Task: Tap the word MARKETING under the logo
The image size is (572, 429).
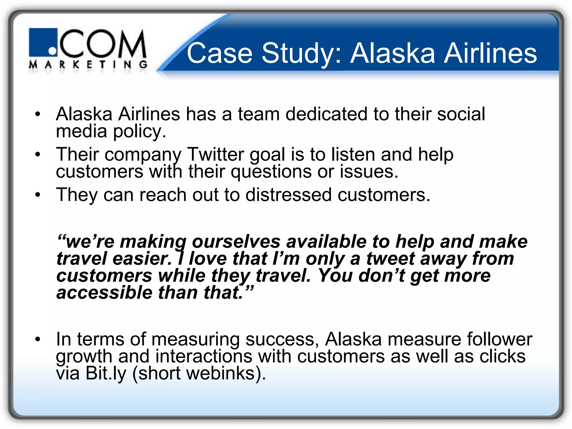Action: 88,65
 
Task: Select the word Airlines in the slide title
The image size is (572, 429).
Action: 490,53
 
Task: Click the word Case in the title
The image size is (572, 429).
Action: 220,53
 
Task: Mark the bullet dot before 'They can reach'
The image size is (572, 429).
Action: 38,195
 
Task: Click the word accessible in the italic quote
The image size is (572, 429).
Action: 104,293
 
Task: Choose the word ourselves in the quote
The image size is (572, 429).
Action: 236,241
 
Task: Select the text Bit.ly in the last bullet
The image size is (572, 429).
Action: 106,373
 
